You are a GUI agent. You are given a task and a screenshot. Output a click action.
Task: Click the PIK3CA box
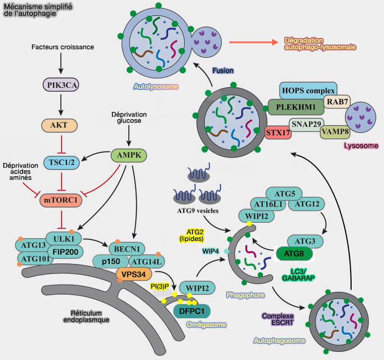pyautogui.click(x=60, y=85)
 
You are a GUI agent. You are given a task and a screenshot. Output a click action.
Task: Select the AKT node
pyautogui.click(x=60, y=125)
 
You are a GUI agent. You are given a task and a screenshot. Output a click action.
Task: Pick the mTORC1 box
pyautogui.click(x=61, y=200)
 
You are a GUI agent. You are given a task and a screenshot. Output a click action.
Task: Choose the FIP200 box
pyautogui.click(x=64, y=251)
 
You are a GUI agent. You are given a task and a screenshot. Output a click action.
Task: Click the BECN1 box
pyautogui.click(x=127, y=247)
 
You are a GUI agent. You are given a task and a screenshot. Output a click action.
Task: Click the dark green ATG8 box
pyautogui.click(x=294, y=254)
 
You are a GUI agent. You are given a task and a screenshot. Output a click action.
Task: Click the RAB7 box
pyautogui.click(x=336, y=102)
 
